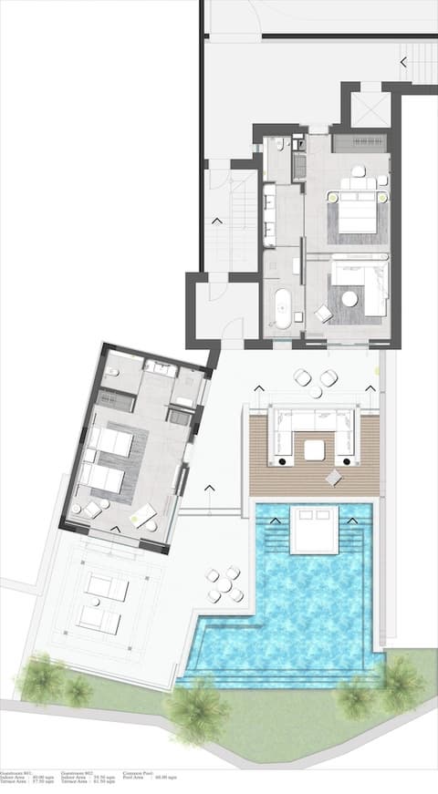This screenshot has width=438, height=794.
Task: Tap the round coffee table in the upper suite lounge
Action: coord(349,298)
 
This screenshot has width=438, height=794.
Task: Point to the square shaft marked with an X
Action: coord(370,110)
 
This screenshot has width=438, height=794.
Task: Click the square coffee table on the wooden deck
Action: coord(315,449)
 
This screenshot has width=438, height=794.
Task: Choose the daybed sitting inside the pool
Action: coord(314,530)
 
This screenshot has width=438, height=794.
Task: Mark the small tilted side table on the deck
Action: coord(334,477)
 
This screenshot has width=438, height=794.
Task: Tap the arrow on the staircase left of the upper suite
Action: coord(217,220)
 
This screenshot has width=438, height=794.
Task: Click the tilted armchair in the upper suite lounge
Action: coord(324,314)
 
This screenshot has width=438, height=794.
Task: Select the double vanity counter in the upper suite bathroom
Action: coord(268,215)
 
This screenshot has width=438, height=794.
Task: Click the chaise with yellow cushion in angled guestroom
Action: coord(142,516)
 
